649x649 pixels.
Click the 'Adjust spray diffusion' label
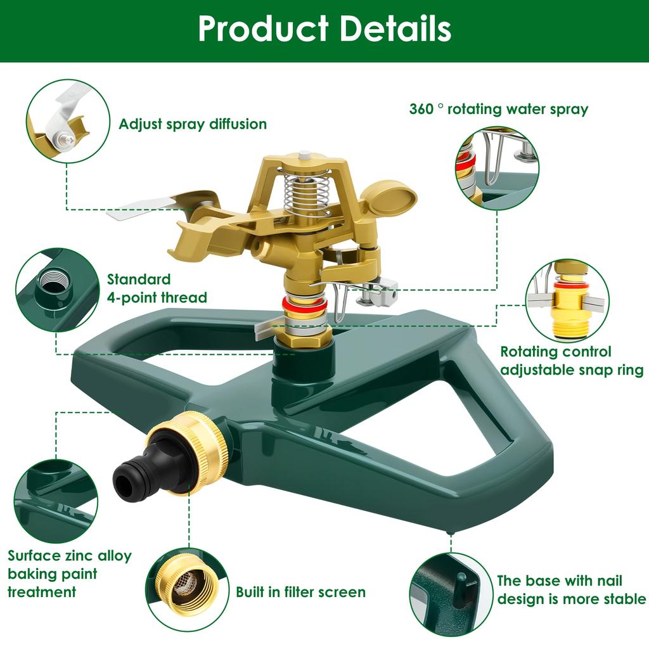click(x=193, y=124)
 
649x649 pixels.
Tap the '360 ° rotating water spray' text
click(x=499, y=110)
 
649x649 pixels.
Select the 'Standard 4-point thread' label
click(x=157, y=288)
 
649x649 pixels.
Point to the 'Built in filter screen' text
click(x=300, y=592)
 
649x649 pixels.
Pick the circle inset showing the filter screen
click(x=187, y=590)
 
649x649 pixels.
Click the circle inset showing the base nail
click(x=451, y=594)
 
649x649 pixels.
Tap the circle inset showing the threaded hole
click(x=58, y=290)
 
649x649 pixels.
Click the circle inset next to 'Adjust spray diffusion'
click(x=67, y=121)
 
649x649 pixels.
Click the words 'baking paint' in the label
click(x=53, y=574)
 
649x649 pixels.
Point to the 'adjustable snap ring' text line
click(x=572, y=369)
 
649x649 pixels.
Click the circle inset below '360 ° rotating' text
click(x=498, y=167)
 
